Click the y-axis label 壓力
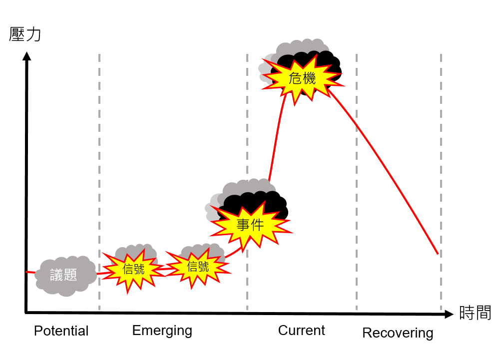coord(25,34)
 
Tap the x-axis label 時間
coord(475,313)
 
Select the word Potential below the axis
coord(61,331)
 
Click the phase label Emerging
coord(162,330)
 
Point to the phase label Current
coord(301,330)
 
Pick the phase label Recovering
coord(398,333)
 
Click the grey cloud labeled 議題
coord(64,275)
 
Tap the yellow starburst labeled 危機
coord(302,78)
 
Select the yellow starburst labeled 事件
coord(250,226)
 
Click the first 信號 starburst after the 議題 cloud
coord(133,269)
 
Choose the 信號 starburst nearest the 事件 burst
coord(198,267)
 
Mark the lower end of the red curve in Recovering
coord(438,254)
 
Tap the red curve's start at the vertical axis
coord(27,272)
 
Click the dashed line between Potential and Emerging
coord(99,180)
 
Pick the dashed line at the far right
coord(441,180)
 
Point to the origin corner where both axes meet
coord(26,313)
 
